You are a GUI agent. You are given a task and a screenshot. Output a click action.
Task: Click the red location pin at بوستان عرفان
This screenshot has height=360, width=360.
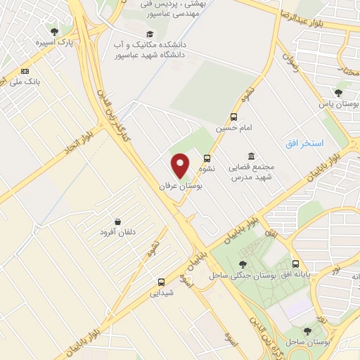[x=181, y=165]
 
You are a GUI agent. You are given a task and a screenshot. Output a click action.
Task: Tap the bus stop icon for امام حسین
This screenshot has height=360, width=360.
[x=233, y=117]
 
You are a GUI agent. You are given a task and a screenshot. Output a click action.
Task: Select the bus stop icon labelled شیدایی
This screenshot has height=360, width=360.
[x=161, y=281]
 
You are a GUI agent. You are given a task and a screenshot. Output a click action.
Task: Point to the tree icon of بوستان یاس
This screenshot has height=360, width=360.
[x=338, y=92]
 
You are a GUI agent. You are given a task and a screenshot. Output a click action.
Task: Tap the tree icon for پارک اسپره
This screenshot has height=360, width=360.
[x=55, y=31]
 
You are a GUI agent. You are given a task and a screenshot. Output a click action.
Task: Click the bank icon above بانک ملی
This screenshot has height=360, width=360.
[x=25, y=71]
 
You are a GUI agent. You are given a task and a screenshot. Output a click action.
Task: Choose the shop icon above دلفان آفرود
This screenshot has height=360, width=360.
[x=117, y=221]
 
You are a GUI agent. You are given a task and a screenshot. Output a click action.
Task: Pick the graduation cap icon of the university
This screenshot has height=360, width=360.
[x=148, y=34]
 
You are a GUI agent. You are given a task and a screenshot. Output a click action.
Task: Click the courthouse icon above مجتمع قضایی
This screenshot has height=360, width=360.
[x=251, y=156]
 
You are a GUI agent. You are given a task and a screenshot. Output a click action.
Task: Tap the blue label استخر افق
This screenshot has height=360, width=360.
[x=304, y=143]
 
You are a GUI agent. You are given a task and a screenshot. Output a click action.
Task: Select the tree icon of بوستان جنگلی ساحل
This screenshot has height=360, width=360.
[x=243, y=264]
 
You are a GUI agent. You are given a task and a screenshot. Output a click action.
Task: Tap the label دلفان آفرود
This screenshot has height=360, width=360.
[x=117, y=233]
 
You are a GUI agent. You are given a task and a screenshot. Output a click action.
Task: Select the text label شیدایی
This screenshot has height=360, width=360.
[x=161, y=293]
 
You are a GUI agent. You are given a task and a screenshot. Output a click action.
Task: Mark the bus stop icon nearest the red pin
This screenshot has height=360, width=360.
[x=207, y=158]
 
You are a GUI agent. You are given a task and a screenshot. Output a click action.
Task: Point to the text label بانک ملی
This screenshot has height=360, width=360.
[x=25, y=82]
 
